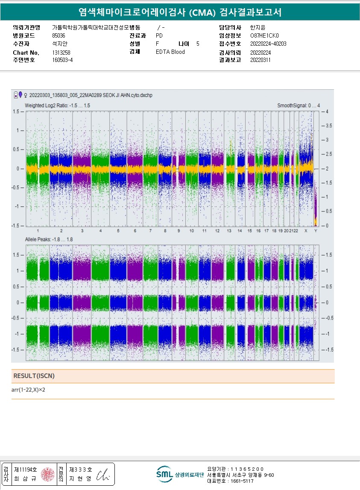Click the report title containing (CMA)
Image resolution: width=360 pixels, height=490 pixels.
tap(180, 12)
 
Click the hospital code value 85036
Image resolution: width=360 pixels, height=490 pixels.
tap(59, 35)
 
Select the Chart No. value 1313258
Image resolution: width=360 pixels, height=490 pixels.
tap(61, 52)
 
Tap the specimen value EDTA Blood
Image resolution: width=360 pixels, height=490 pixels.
tap(170, 52)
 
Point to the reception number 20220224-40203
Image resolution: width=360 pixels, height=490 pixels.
tap(268, 44)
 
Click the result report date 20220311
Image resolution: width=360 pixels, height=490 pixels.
tap(260, 60)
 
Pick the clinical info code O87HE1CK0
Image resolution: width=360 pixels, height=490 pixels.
tap(264, 35)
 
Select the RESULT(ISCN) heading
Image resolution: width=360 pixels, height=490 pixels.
tap(34, 376)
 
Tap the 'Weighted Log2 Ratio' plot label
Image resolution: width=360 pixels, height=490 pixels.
tap(57, 106)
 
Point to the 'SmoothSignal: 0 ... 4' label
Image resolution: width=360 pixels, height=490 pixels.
tap(298, 106)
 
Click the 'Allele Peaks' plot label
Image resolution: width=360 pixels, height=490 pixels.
tap(49, 240)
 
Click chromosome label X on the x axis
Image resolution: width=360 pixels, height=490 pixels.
tap(305, 231)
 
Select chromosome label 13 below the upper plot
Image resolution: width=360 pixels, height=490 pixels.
tap(229, 231)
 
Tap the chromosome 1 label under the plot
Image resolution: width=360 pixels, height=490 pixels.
tap(38, 231)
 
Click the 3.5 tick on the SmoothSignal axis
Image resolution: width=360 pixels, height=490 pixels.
tap(329, 126)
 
